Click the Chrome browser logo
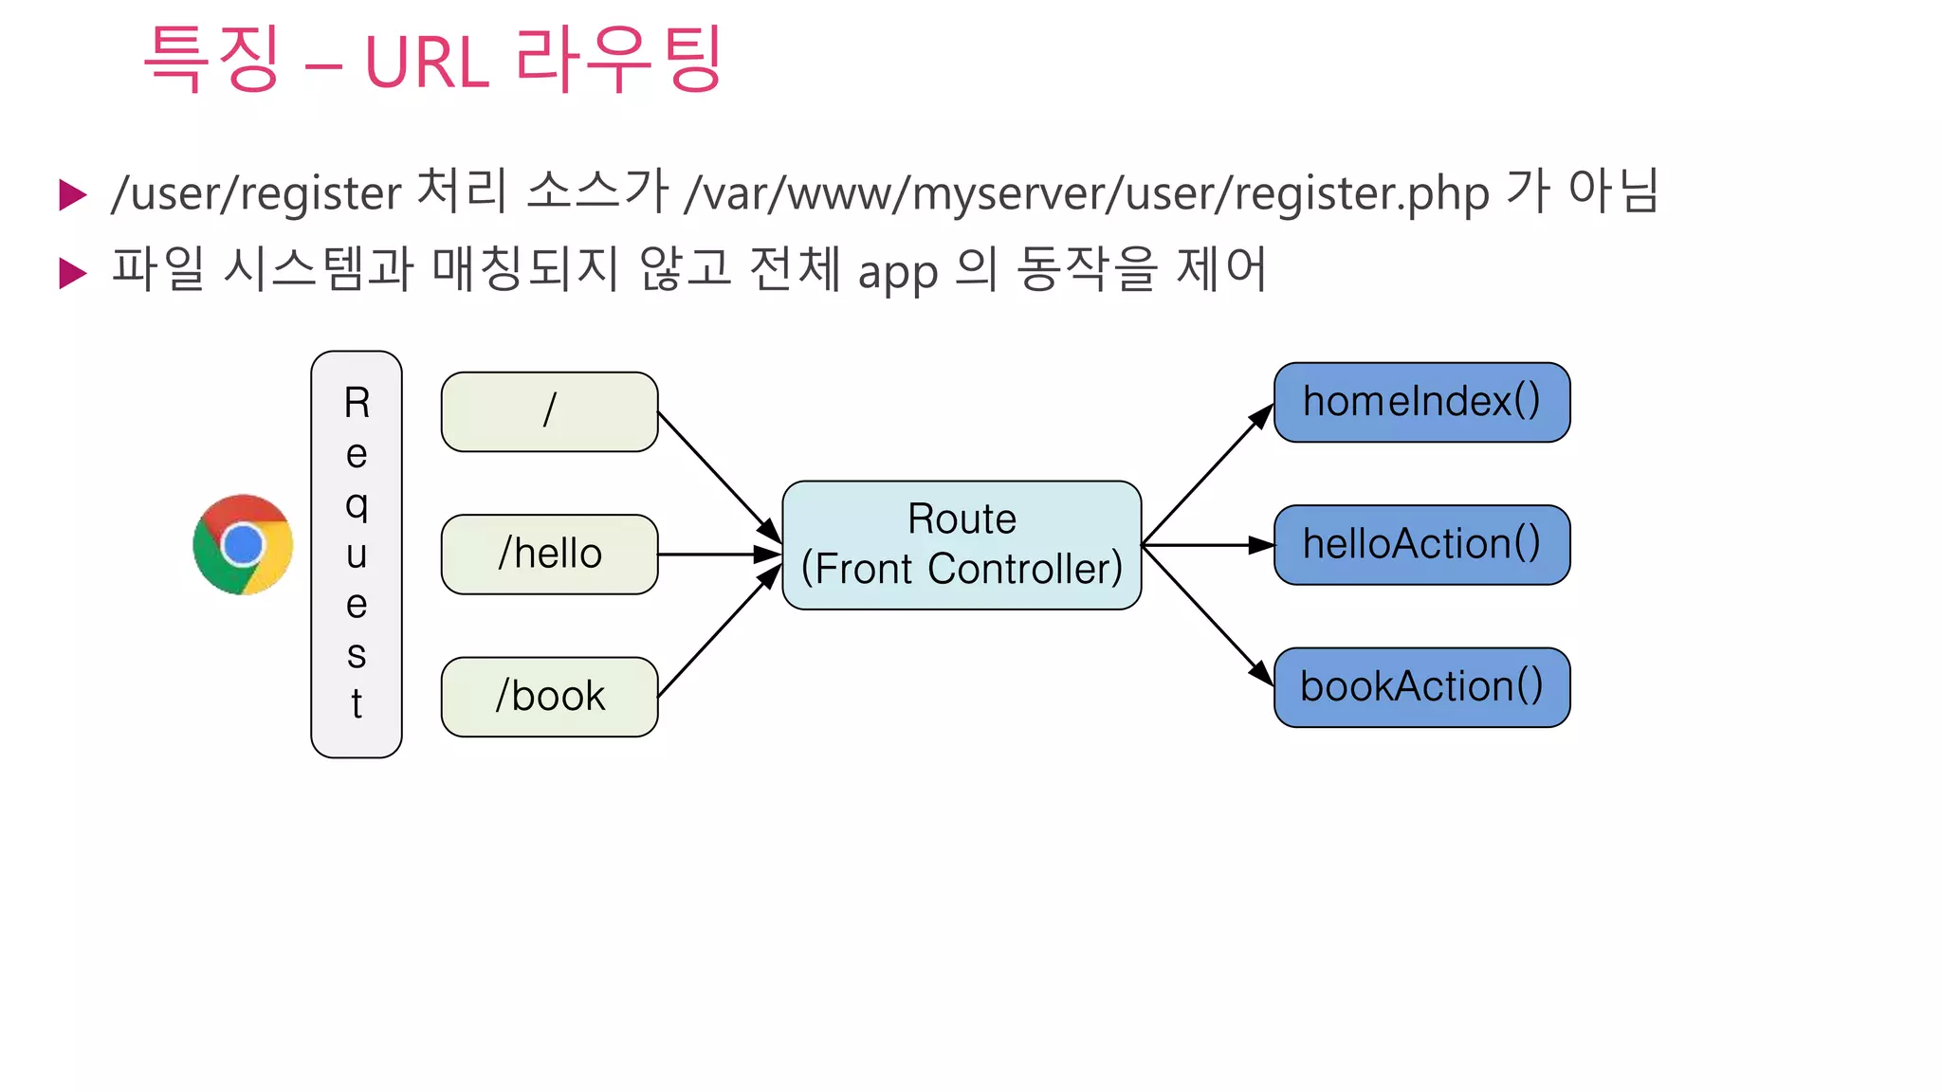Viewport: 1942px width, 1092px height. click(x=243, y=544)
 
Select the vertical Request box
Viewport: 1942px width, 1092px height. click(x=357, y=554)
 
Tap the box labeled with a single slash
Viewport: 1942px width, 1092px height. click(x=549, y=411)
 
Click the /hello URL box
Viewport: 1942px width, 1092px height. click(x=549, y=554)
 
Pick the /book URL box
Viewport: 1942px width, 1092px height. click(x=549, y=697)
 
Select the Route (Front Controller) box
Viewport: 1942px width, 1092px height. click(x=962, y=545)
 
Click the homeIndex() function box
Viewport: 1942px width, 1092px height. click(x=1421, y=402)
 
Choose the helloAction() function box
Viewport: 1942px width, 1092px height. click(x=1421, y=545)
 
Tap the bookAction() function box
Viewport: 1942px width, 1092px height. click(x=1421, y=687)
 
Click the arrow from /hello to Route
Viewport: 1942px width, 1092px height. click(x=716, y=554)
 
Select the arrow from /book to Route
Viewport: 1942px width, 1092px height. click(x=717, y=632)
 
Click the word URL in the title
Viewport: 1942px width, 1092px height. click(x=427, y=64)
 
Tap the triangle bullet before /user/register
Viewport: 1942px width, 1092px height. click(x=72, y=194)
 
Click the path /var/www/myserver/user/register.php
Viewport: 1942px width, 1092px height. click(x=1087, y=192)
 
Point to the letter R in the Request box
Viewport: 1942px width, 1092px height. click(x=357, y=403)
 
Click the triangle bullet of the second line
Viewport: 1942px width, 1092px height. click(x=72, y=273)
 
